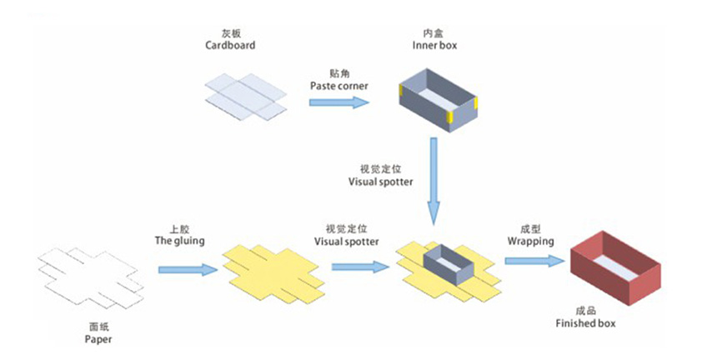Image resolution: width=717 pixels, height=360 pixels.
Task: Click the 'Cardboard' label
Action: click(x=230, y=46)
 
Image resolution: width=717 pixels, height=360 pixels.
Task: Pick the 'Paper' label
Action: click(x=98, y=339)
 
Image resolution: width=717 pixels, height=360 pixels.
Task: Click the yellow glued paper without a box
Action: click(x=271, y=271)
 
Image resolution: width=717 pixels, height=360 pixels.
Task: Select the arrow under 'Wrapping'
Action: click(x=534, y=261)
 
